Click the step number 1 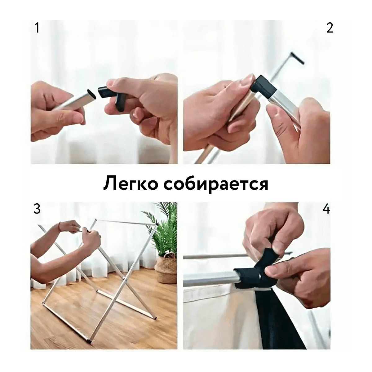point(37,28)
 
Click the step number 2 point(330,28)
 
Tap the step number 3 point(37,209)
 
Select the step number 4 point(326,209)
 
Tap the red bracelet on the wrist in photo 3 point(60,226)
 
